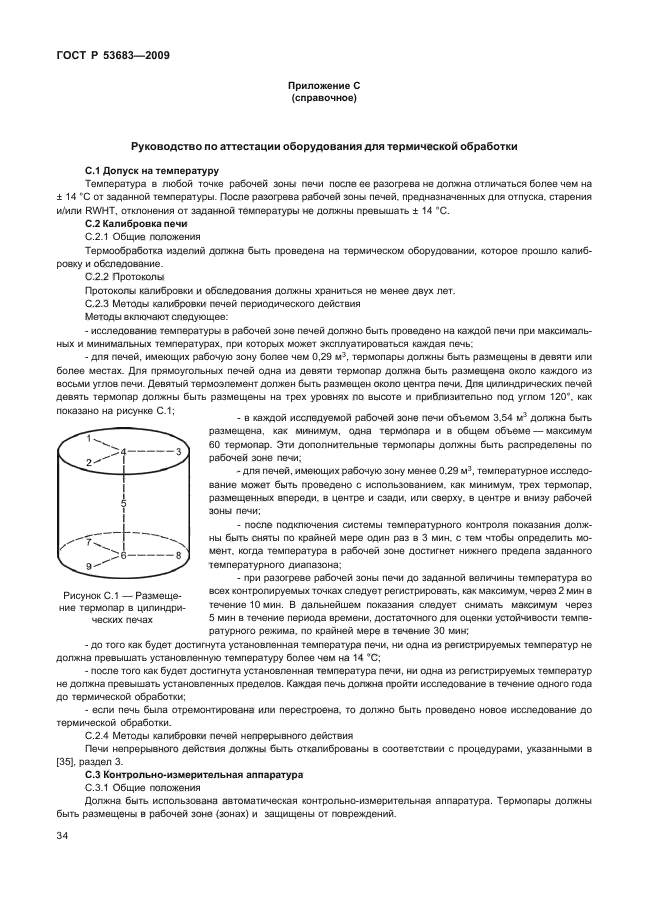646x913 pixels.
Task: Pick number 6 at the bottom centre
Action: [x=124, y=555]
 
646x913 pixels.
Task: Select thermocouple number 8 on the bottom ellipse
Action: [x=178, y=554]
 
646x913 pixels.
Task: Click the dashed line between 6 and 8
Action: [x=150, y=555]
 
